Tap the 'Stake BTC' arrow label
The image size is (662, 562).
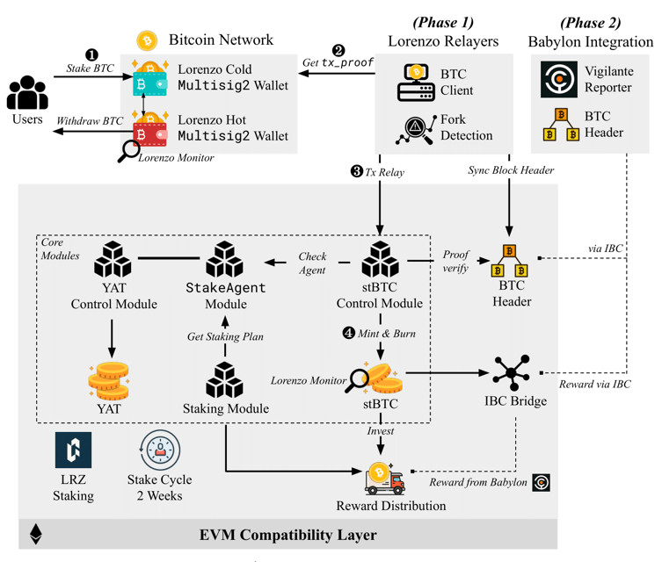pyautogui.click(x=91, y=68)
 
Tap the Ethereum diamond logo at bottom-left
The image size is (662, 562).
pyautogui.click(x=36, y=535)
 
